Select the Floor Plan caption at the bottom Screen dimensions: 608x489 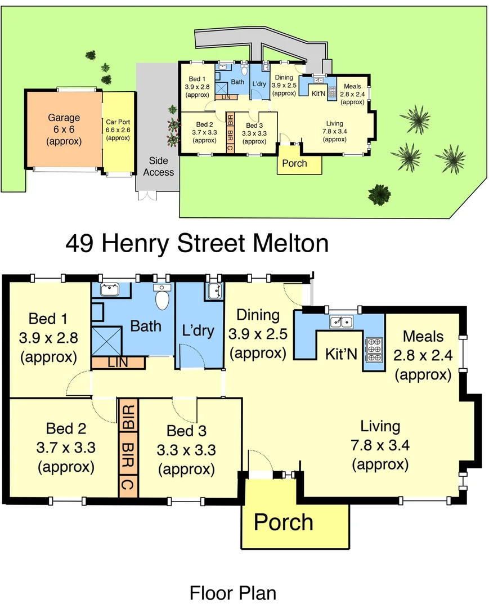(232, 593)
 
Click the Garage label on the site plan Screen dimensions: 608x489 (64, 118)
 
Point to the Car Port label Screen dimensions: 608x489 (118, 122)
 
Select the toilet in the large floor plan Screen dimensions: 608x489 (163, 298)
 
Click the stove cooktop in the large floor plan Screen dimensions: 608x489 (373, 349)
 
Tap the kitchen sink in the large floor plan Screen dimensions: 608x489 (341, 322)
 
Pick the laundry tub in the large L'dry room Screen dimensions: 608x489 (214, 290)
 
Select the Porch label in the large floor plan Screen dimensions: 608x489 (283, 522)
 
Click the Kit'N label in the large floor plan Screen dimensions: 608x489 (342, 354)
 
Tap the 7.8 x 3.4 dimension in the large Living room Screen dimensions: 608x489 (380, 445)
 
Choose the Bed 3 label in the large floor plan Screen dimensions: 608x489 (186, 431)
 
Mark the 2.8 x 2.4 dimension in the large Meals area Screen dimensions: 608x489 (423, 355)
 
